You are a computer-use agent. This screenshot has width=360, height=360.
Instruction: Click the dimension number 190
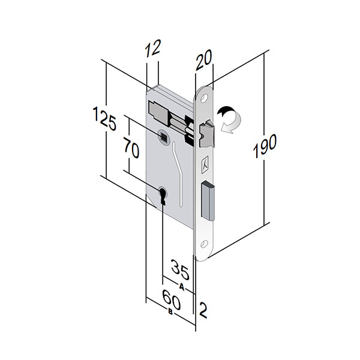point(264,146)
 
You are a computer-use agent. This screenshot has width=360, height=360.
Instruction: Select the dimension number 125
point(104,118)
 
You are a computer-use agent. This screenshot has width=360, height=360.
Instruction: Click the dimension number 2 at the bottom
point(203,310)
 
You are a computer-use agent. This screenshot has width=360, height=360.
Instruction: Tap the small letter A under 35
point(181,286)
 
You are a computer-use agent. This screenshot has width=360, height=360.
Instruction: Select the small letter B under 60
point(170,313)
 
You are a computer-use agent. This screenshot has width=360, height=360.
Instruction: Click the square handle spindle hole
point(163,137)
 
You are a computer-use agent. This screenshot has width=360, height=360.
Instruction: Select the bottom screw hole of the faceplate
point(203,244)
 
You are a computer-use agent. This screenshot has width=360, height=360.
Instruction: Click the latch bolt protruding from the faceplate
point(206,133)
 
